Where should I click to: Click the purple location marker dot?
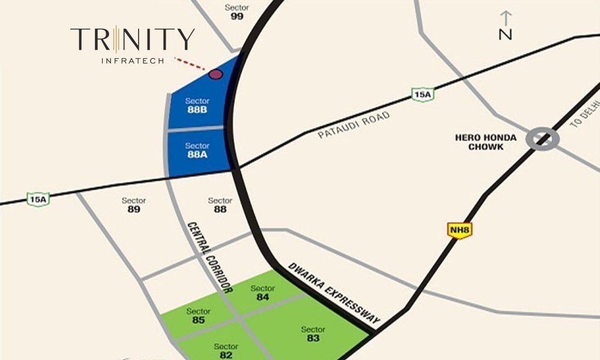click(x=215, y=74)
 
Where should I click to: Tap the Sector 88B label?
click(x=197, y=105)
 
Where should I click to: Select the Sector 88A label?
click(x=197, y=150)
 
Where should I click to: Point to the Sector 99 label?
click(x=237, y=12)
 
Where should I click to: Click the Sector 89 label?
click(x=134, y=205)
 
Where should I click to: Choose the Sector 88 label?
click(x=220, y=205)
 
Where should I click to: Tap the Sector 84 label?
click(x=262, y=293)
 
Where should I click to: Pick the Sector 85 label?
click(x=199, y=316)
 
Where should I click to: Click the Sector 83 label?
click(x=313, y=334)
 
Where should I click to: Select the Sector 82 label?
click(x=226, y=351)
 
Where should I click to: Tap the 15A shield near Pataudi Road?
click(x=423, y=94)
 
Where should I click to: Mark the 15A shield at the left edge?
click(x=38, y=199)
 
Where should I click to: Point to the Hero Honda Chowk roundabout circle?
click(x=542, y=139)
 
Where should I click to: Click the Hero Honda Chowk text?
click(x=486, y=142)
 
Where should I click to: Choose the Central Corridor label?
click(x=209, y=257)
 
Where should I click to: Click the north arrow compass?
click(x=506, y=26)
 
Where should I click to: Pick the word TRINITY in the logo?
click(x=133, y=40)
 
